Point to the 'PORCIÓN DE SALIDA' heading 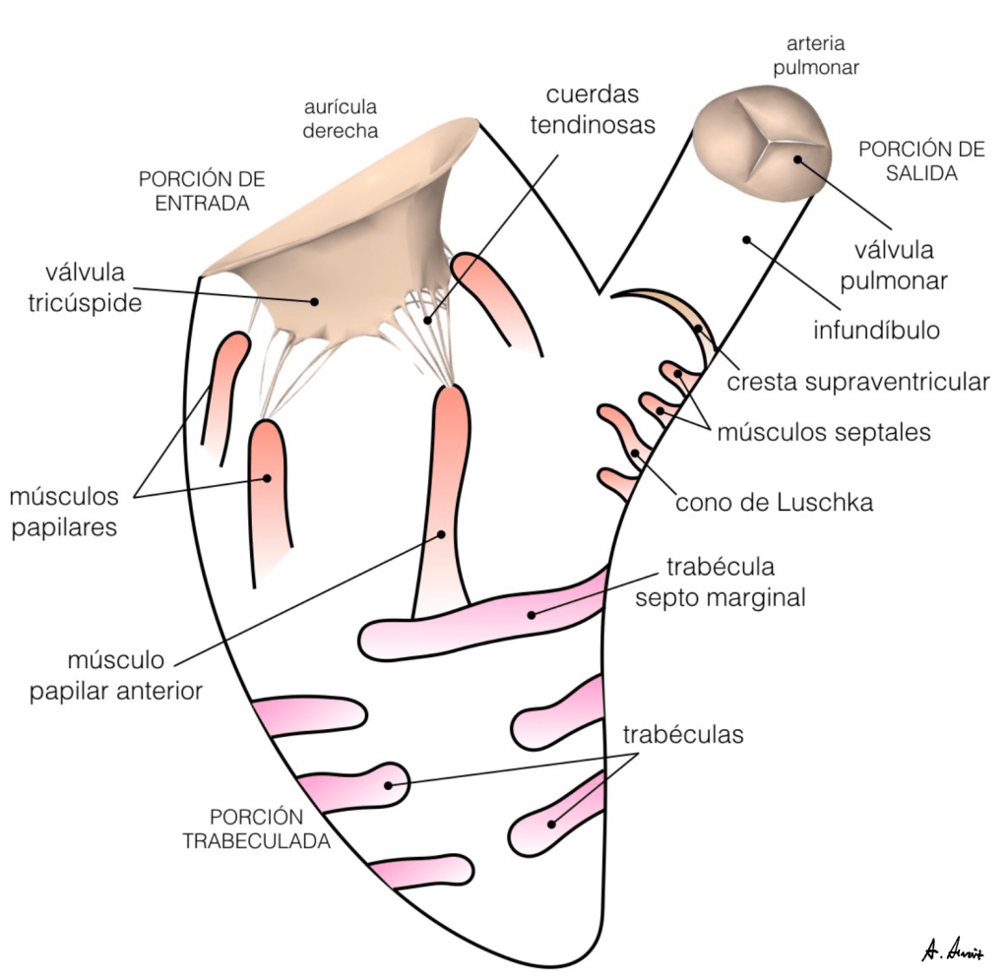tap(908, 161)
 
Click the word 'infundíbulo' tap(876, 330)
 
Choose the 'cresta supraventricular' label tap(857, 382)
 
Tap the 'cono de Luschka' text tap(774, 503)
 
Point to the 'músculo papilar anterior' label tap(116, 674)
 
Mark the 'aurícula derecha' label tap(340, 118)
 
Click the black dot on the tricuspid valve tap(316, 301)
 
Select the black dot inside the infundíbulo tap(747, 239)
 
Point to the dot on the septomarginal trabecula tap(532, 614)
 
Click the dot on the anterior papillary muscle tap(441, 534)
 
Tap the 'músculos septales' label tap(823, 431)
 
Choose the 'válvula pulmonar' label tap(894, 266)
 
